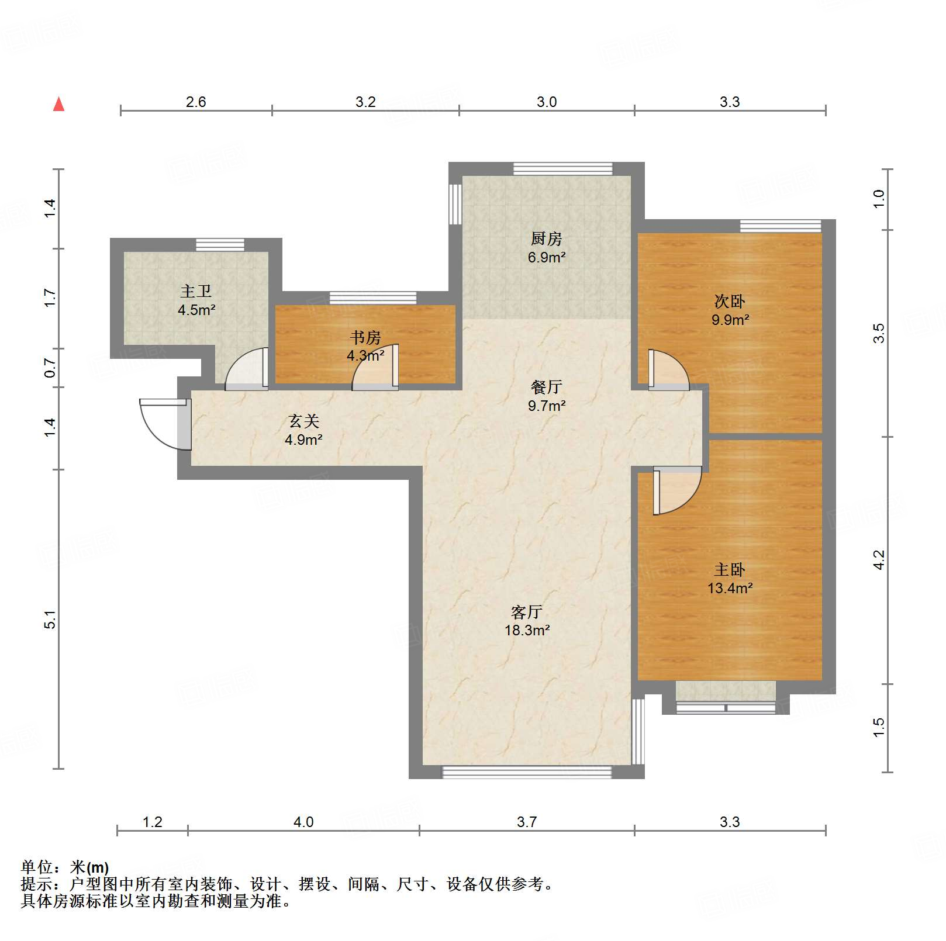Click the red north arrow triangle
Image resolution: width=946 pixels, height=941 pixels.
(x=58, y=105)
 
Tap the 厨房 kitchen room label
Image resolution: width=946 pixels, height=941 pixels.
(x=546, y=238)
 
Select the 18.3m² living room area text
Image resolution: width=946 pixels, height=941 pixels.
(x=527, y=630)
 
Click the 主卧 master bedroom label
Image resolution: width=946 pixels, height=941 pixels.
(x=729, y=569)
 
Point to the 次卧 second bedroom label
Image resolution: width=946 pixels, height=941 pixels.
(x=729, y=302)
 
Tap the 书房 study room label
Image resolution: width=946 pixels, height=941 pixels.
(x=365, y=337)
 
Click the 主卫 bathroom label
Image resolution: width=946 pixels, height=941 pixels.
(x=195, y=291)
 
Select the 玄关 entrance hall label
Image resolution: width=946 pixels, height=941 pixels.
(x=303, y=421)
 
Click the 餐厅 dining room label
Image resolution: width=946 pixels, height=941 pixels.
(x=546, y=387)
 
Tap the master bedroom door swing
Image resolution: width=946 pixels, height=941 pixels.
(x=677, y=490)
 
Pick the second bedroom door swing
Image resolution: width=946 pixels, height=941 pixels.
(x=668, y=370)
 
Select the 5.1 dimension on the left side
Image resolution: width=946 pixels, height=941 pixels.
(x=50, y=619)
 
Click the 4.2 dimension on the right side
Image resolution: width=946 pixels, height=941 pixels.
(x=878, y=560)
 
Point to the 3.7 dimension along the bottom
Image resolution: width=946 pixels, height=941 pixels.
(x=526, y=822)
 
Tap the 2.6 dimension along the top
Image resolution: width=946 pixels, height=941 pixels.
(x=196, y=102)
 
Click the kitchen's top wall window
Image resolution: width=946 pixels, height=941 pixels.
(x=562, y=169)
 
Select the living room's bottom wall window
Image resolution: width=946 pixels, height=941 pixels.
(x=526, y=772)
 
